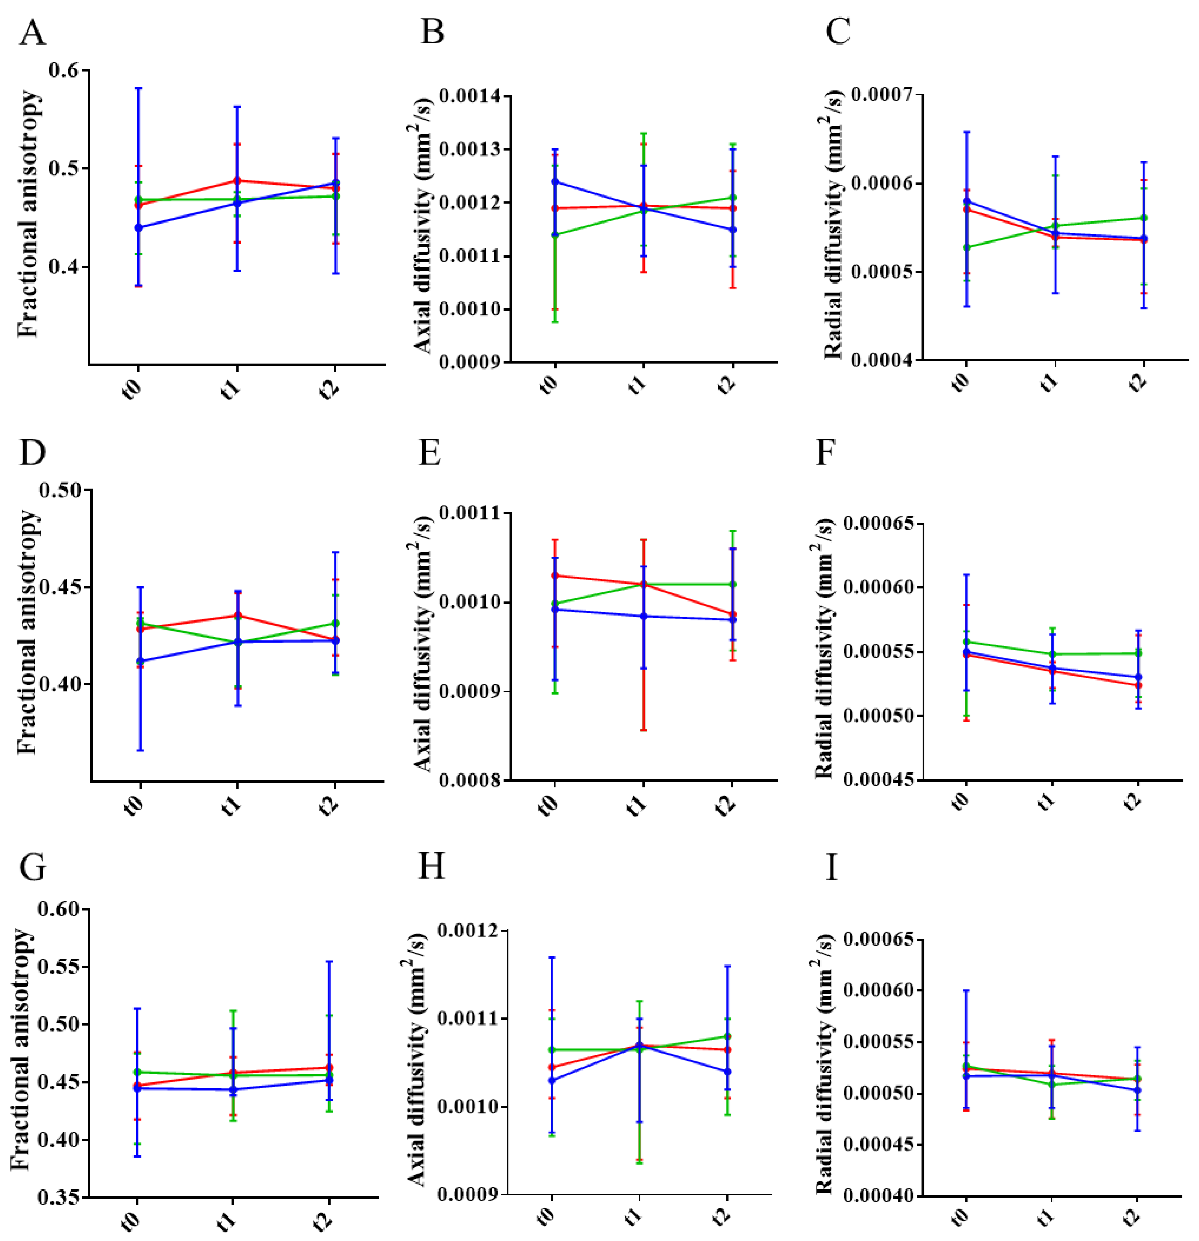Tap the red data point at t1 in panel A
point(237,180)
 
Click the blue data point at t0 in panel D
point(141,661)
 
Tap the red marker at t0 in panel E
point(555,575)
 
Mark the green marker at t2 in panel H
point(727,1036)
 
